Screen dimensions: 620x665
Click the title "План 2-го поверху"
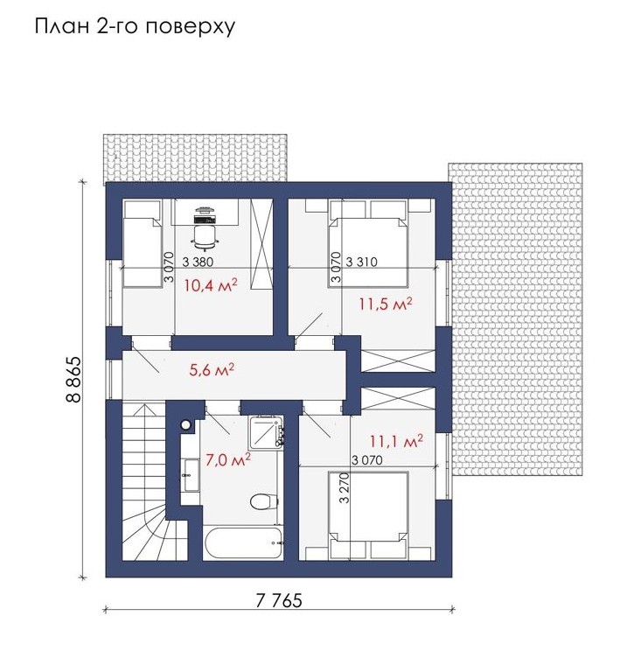(x=135, y=27)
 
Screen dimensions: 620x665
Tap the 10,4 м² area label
(x=210, y=285)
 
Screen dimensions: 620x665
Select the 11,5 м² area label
(x=386, y=304)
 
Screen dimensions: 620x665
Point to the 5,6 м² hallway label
(x=212, y=370)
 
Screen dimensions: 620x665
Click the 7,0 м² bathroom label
(x=228, y=459)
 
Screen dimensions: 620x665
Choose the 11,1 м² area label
(x=396, y=441)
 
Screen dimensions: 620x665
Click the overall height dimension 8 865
(x=73, y=380)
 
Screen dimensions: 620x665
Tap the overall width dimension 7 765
(x=279, y=600)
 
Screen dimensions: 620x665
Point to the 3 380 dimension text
(x=198, y=262)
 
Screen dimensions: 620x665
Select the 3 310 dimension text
(x=361, y=262)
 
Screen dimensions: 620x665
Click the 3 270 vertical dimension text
(x=345, y=487)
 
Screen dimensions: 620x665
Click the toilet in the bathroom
(x=263, y=501)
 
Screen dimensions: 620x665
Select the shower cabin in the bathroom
(x=266, y=432)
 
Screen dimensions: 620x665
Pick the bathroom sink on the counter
(x=192, y=475)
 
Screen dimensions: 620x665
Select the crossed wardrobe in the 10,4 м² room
(x=261, y=244)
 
